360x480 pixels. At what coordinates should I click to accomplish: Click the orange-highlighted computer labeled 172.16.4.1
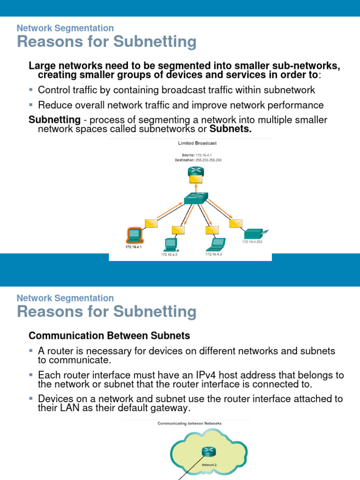pyautogui.click(x=134, y=234)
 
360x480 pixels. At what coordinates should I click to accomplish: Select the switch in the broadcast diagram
pyautogui.click(x=195, y=199)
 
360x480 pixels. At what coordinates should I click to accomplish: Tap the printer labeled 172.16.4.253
pyautogui.click(x=255, y=233)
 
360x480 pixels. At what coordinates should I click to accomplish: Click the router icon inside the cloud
pyautogui.click(x=208, y=452)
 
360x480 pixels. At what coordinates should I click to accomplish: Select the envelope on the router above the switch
pyautogui.click(x=196, y=178)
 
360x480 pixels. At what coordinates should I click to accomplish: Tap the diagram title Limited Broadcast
pyautogui.click(x=197, y=143)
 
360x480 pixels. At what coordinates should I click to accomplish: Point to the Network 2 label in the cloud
pyautogui.click(x=209, y=465)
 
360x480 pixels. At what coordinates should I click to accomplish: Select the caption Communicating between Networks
pyautogui.click(x=189, y=423)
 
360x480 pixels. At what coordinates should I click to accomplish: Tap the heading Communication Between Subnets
pyautogui.click(x=109, y=336)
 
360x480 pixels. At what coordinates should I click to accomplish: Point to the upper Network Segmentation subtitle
pyautogui.click(x=65, y=28)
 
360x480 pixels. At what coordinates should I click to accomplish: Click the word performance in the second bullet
pyautogui.click(x=297, y=105)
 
